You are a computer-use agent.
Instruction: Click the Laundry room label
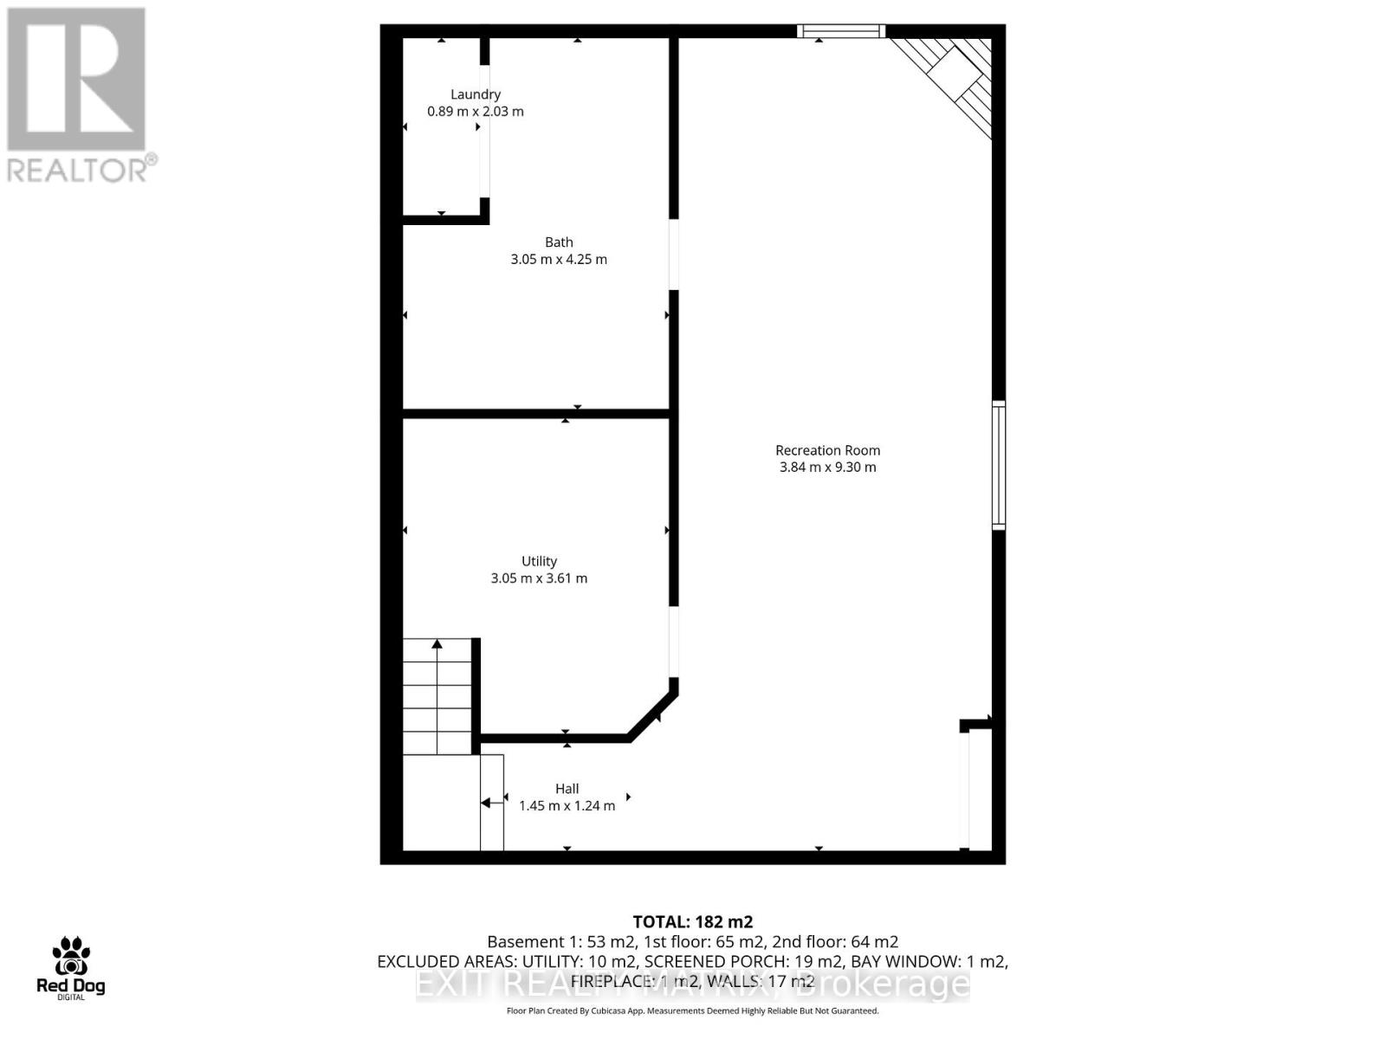(x=476, y=94)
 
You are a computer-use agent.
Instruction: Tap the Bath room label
(x=559, y=242)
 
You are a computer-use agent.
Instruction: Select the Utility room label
(x=539, y=561)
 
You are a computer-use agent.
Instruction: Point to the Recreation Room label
(x=827, y=450)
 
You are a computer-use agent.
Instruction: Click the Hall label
(x=567, y=789)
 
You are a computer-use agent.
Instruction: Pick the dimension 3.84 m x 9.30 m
(x=827, y=468)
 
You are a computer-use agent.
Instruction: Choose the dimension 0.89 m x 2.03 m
(x=476, y=112)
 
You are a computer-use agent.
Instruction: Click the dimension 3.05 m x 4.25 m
(x=559, y=259)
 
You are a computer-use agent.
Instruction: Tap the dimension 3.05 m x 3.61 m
(x=539, y=578)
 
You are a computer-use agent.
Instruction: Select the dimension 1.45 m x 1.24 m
(x=567, y=806)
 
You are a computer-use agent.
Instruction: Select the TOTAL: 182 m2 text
(x=693, y=922)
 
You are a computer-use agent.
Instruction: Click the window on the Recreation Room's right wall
(x=998, y=465)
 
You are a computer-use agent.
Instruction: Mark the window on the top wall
(x=841, y=32)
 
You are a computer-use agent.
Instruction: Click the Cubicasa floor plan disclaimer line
(x=693, y=1011)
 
